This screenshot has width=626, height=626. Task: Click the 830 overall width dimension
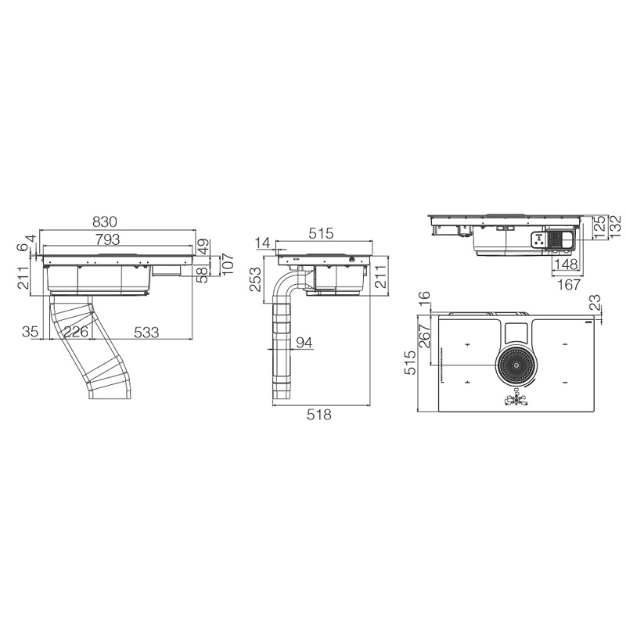tap(105, 222)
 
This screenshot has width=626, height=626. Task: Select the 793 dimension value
tap(108, 239)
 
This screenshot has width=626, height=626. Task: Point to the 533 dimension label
tap(146, 332)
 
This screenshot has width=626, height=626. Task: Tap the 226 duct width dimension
tap(76, 331)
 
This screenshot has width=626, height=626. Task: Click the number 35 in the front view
tap(30, 331)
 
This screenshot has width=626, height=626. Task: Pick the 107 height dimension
tap(227, 264)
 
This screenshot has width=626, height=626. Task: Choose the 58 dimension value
tap(203, 275)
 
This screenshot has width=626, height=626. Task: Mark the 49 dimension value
tap(203, 246)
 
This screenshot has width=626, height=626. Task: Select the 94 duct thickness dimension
tap(304, 343)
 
